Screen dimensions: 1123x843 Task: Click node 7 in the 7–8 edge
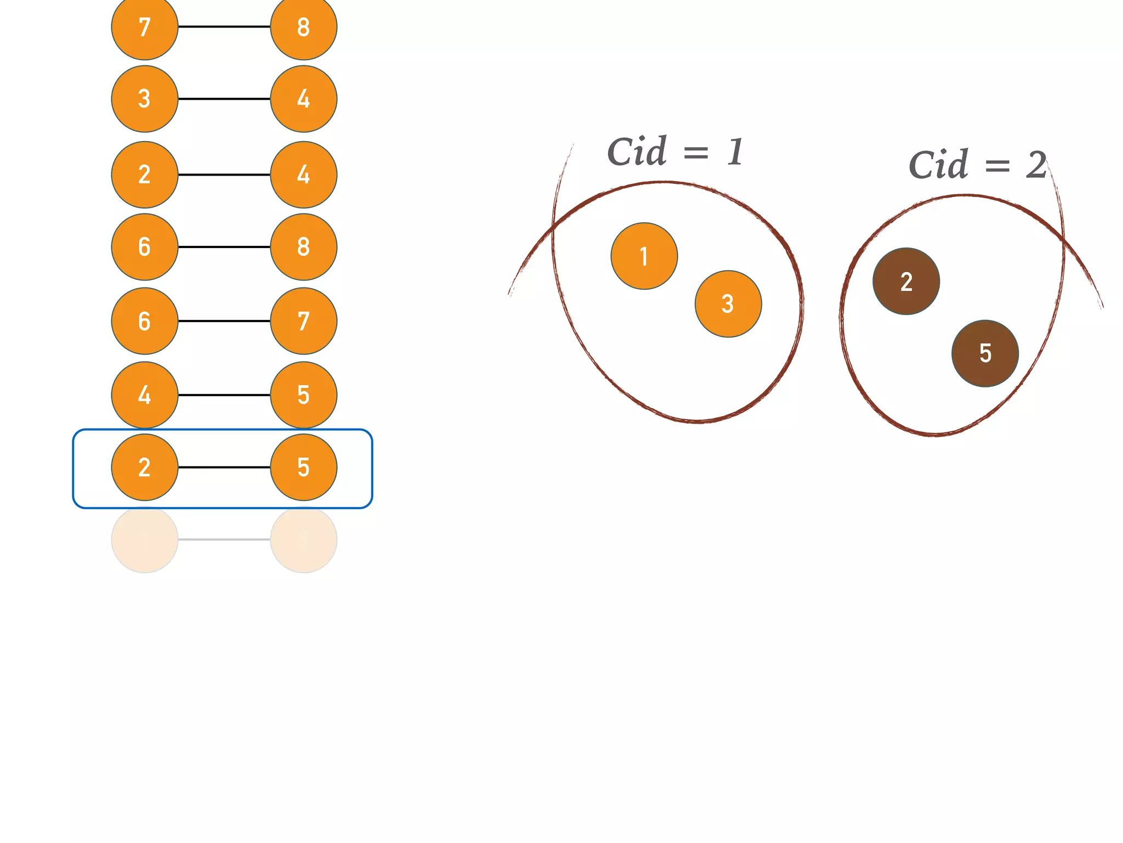(145, 27)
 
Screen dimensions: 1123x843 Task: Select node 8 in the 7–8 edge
(303, 27)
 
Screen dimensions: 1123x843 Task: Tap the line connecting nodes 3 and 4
(224, 99)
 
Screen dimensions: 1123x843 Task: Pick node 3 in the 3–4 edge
(145, 99)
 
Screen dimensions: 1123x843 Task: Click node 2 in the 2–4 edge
(145, 175)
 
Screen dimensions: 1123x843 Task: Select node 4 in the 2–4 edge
(303, 175)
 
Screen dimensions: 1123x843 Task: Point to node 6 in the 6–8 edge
(145, 247)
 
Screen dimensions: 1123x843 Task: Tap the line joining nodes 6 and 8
(224, 247)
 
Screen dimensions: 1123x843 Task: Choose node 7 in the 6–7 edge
(303, 321)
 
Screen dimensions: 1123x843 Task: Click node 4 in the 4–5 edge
(145, 395)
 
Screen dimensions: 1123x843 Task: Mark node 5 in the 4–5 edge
(303, 395)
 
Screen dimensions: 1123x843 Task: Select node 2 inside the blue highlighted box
(145, 467)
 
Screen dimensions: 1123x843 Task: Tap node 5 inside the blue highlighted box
(303, 467)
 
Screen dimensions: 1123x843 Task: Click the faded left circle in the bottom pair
(145, 539)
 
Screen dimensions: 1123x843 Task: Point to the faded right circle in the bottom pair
(303, 539)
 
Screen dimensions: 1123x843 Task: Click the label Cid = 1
(676, 151)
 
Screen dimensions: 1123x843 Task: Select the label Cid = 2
(977, 165)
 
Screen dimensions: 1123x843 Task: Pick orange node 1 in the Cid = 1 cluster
(644, 256)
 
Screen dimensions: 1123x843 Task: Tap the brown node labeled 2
(906, 282)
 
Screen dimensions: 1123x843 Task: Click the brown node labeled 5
(985, 353)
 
